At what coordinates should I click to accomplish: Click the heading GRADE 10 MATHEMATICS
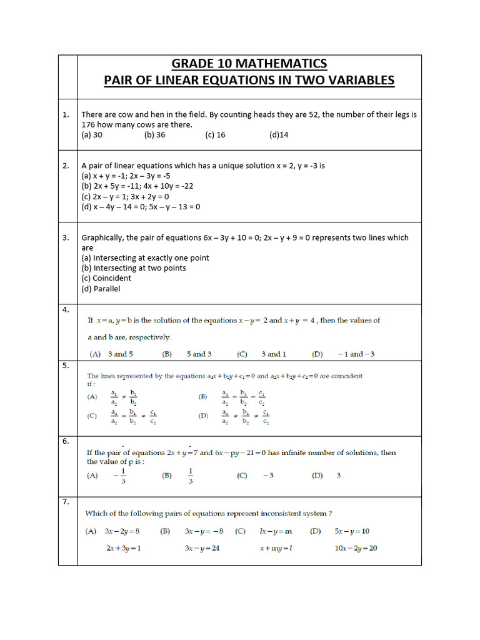[249, 64]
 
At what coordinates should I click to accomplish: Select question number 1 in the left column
[66, 114]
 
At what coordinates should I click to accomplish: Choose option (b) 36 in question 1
[154, 134]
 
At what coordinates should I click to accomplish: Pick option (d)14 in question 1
[279, 134]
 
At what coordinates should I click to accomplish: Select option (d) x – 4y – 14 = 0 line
[141, 207]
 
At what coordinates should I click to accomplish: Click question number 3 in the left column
[66, 237]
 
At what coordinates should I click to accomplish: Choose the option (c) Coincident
[106, 278]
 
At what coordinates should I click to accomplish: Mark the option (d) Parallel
[101, 289]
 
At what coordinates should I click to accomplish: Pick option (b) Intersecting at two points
[133, 268]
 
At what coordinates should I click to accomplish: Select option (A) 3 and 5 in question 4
[110, 354]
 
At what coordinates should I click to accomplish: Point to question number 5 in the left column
[65, 366]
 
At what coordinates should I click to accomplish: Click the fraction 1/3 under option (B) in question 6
[190, 476]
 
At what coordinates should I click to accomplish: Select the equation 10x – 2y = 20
[355, 548]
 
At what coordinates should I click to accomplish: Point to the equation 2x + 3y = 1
[123, 548]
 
